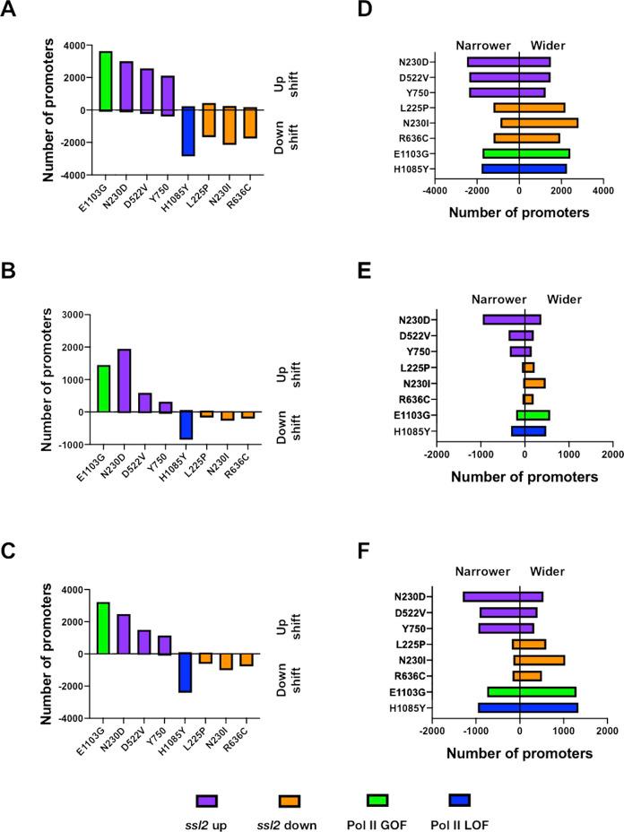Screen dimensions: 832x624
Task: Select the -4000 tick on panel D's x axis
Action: pos(435,191)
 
